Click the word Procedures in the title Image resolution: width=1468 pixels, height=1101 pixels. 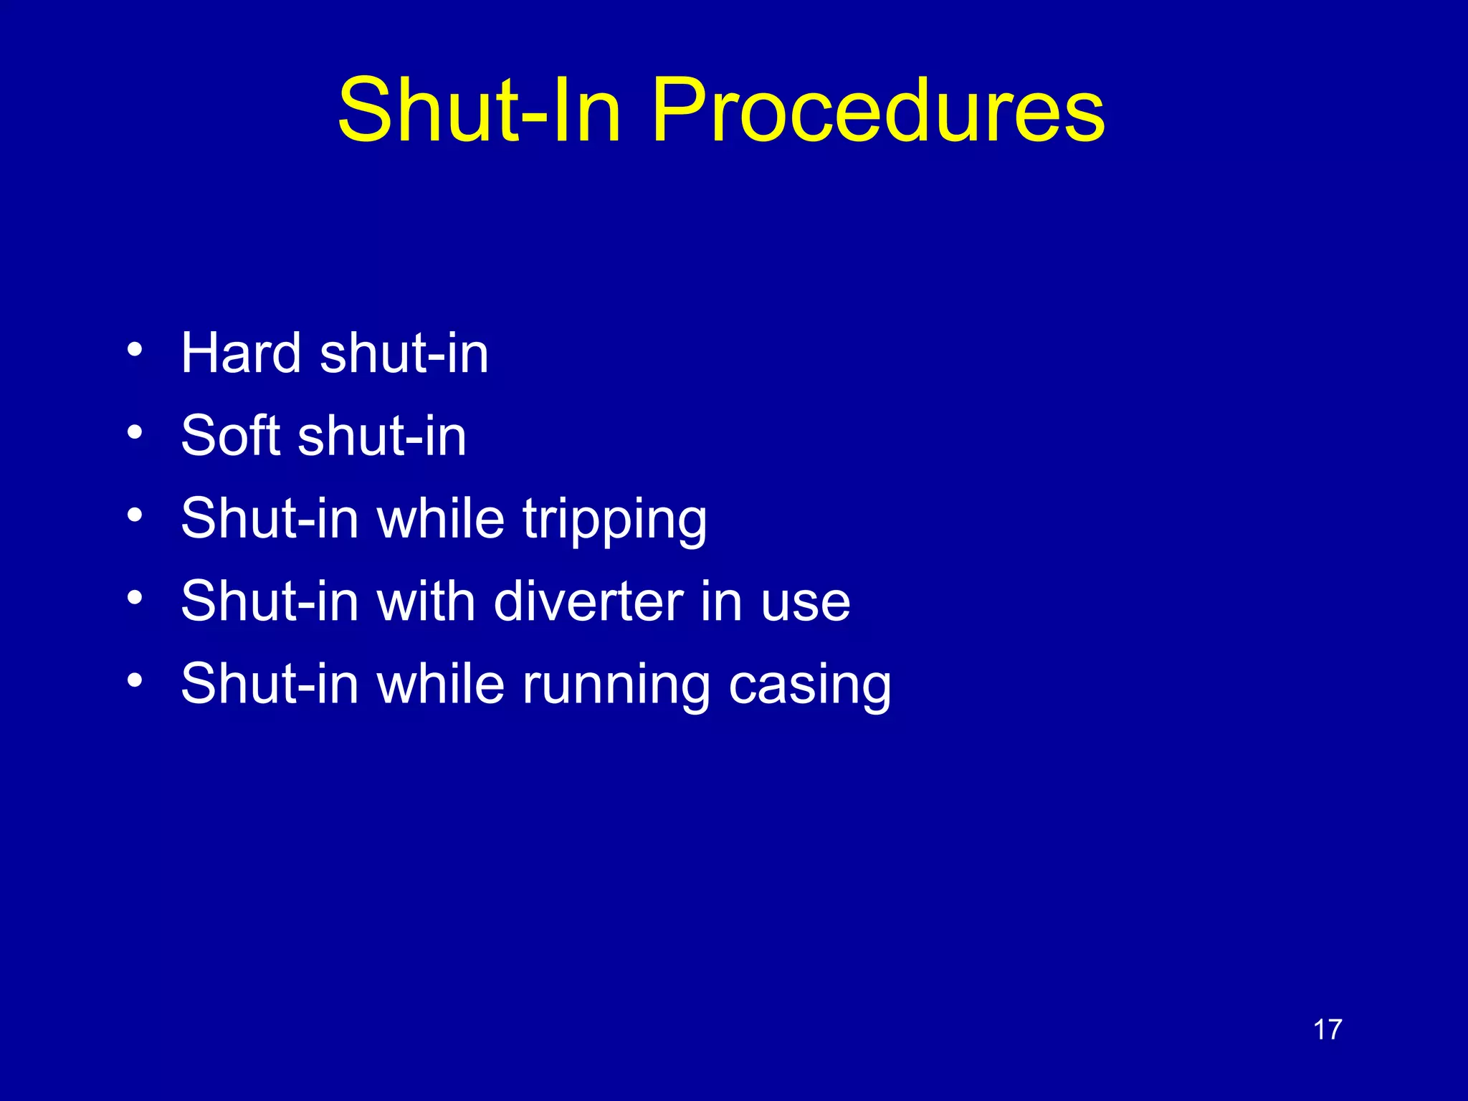tap(878, 111)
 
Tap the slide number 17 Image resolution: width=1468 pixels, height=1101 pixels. tap(1327, 1030)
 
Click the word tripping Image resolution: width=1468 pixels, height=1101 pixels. tap(614, 520)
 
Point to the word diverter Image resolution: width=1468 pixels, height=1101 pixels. tap(588, 601)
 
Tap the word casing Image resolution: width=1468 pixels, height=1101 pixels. tap(810, 685)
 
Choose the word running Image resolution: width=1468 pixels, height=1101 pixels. tap(616, 685)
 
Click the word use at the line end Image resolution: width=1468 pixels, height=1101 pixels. tap(806, 602)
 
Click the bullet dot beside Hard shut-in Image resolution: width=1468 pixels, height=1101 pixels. tap(135, 350)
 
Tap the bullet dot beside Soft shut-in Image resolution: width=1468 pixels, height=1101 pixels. tap(135, 432)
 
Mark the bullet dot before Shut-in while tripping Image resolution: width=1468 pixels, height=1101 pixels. tap(135, 515)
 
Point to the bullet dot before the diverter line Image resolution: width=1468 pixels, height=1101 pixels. tap(135, 597)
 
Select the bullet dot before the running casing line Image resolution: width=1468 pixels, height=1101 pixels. tap(135, 680)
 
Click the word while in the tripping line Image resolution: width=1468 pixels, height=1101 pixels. tap(441, 518)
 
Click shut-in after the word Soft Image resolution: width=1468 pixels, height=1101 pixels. tap(382, 435)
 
